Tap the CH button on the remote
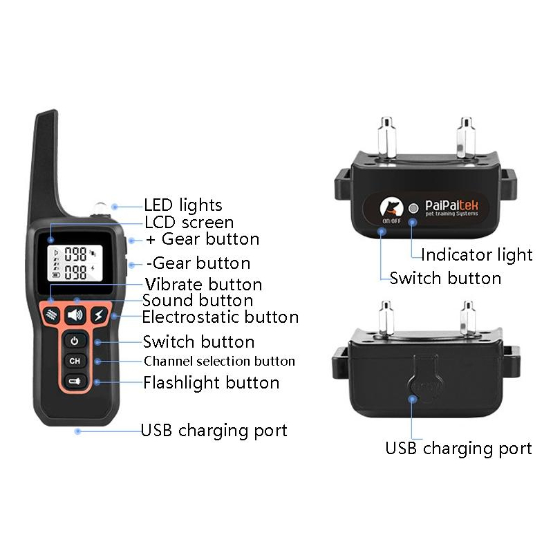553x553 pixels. [x=75, y=361]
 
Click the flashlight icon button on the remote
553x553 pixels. [x=75, y=382]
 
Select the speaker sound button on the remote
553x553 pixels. [x=75, y=315]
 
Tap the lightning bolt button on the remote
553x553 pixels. [x=99, y=315]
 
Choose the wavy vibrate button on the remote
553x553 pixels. [x=52, y=315]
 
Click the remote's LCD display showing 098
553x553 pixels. [x=75, y=263]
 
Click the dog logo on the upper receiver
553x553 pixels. [x=391, y=207]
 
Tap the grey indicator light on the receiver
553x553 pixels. [x=413, y=209]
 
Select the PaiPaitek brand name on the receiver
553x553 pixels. [x=452, y=205]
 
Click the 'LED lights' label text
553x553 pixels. [x=183, y=205]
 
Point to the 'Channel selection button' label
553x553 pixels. [x=219, y=361]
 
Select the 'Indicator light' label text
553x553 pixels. [x=477, y=255]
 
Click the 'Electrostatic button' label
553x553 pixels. [x=221, y=317]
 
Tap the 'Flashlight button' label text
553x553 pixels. [x=212, y=383]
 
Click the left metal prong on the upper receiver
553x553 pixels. [x=386, y=137]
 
